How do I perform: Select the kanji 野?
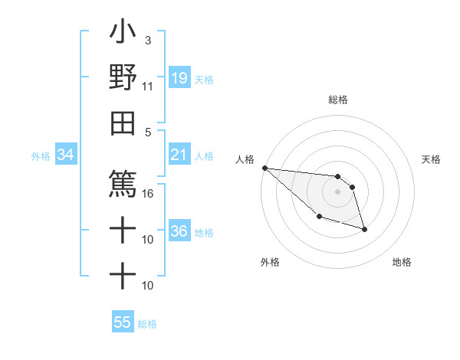(123, 77)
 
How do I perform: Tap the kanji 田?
(123, 123)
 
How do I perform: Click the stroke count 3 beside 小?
(147, 41)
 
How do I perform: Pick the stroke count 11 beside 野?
(147, 87)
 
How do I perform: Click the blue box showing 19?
(179, 78)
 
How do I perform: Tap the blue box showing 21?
(179, 155)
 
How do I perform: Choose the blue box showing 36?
(179, 231)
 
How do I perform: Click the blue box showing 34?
(66, 155)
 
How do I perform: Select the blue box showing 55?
(123, 322)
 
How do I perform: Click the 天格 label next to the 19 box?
(204, 79)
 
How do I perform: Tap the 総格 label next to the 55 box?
(147, 324)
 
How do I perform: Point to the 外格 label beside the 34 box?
(41, 156)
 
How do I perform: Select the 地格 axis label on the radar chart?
(402, 262)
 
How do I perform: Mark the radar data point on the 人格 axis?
(264, 168)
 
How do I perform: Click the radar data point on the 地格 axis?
(364, 229)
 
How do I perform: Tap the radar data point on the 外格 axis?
(319, 217)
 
